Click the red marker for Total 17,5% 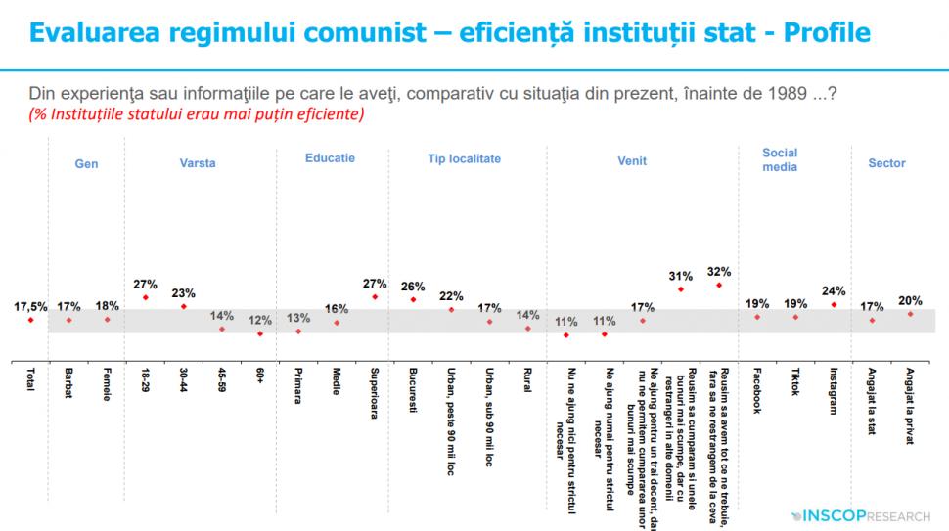31,319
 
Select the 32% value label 719,271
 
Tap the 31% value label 681,276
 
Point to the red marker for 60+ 259,333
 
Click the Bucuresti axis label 413,392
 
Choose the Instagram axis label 834,392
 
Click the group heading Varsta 198,163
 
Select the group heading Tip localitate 464,158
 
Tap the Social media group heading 780,159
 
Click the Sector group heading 886,163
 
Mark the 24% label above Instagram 834,290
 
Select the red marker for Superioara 375,296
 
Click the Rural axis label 527,380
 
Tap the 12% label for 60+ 259,320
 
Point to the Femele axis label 107,384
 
